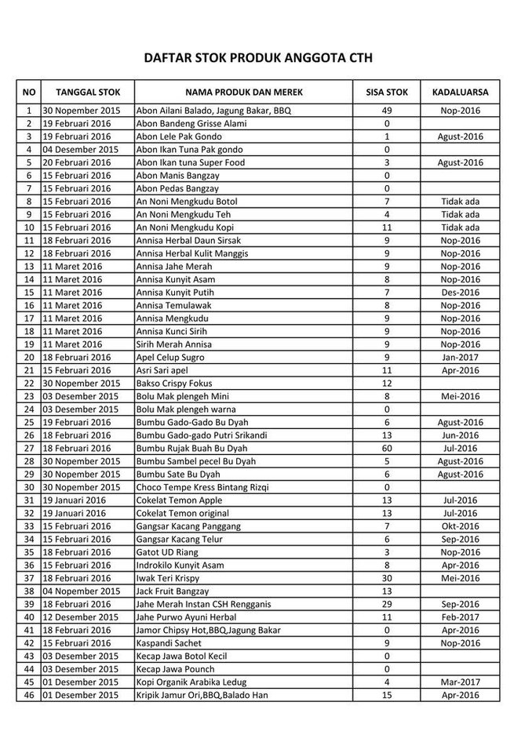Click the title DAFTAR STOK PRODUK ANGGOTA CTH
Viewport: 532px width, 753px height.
[x=257, y=58]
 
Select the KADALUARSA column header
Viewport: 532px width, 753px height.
[x=460, y=92]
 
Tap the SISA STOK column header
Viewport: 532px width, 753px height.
[x=387, y=92]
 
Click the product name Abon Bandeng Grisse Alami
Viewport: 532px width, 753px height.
[x=191, y=124]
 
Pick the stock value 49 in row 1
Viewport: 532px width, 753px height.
[x=387, y=111]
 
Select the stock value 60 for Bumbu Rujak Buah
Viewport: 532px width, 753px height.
[x=387, y=449]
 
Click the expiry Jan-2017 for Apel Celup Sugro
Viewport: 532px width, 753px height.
[x=460, y=358]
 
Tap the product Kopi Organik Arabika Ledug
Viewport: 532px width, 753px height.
[x=192, y=682]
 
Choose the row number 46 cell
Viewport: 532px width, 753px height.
[x=28, y=695]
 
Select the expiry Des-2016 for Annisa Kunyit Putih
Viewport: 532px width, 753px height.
[x=460, y=293]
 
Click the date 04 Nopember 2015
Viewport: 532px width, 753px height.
[x=81, y=591]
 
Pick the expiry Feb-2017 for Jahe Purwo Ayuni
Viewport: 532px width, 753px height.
[x=460, y=617]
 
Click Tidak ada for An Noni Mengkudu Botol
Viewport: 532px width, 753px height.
[x=460, y=202]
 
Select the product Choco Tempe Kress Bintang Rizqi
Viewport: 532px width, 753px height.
[x=202, y=487]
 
